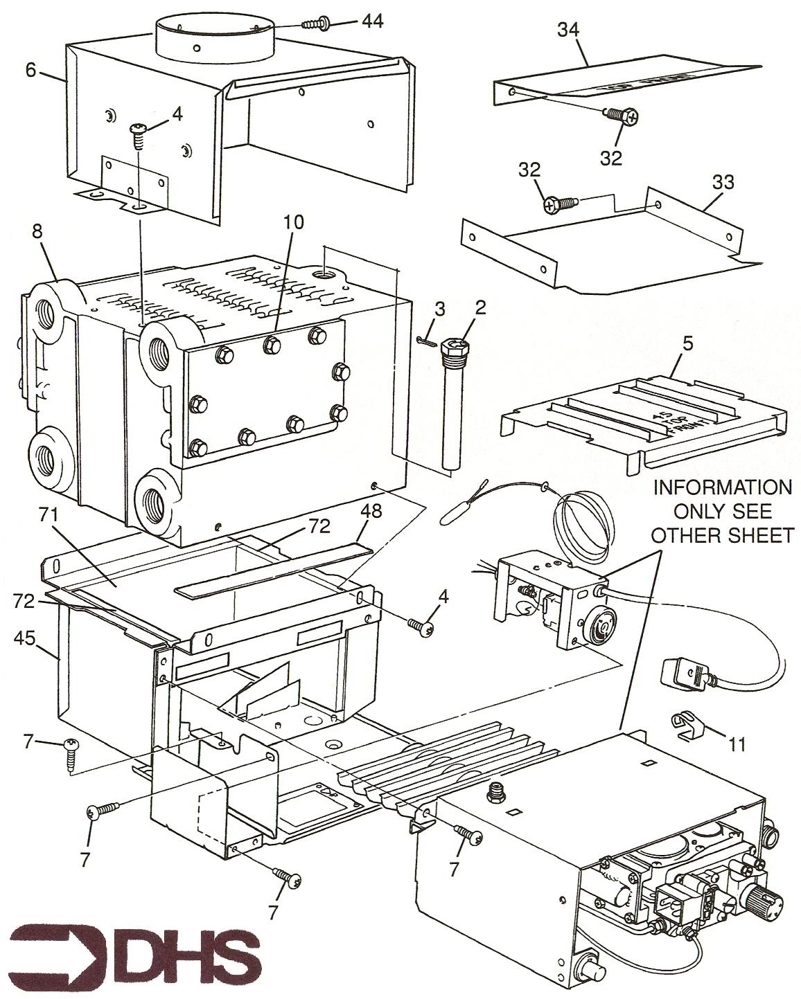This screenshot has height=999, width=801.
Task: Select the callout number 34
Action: [569, 30]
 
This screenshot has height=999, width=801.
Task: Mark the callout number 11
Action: [737, 744]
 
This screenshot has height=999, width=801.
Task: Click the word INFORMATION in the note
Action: [723, 487]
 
